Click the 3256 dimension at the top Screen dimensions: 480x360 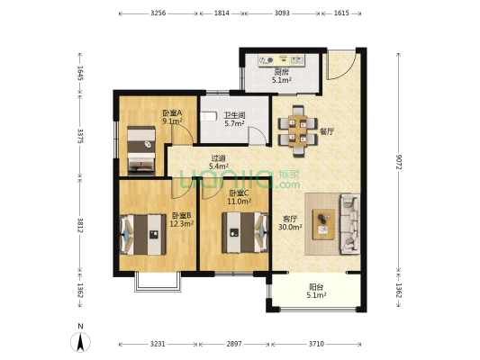tap(158, 13)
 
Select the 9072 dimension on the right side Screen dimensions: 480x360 tap(399, 162)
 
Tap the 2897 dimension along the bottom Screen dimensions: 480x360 tap(234, 344)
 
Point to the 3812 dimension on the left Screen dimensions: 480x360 tap(80, 225)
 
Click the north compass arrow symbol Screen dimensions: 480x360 tap(80, 342)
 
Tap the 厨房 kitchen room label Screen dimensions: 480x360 tap(281, 72)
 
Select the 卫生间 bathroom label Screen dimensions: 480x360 tap(234, 115)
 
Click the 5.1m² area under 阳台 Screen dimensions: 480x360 tap(316, 295)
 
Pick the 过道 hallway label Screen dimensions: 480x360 tap(219, 158)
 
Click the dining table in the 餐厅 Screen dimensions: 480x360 tap(298, 130)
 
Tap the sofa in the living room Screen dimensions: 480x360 tap(350, 223)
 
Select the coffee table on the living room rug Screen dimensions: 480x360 tap(323, 224)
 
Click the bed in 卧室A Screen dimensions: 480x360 tap(141, 150)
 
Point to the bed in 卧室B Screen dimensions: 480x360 tap(143, 235)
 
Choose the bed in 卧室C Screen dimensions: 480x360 tap(245, 232)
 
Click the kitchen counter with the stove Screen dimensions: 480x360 tap(282, 60)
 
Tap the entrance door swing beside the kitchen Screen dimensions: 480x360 tap(340, 65)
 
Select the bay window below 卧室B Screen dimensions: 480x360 tap(158, 283)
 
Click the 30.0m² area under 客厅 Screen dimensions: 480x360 tap(290, 227)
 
